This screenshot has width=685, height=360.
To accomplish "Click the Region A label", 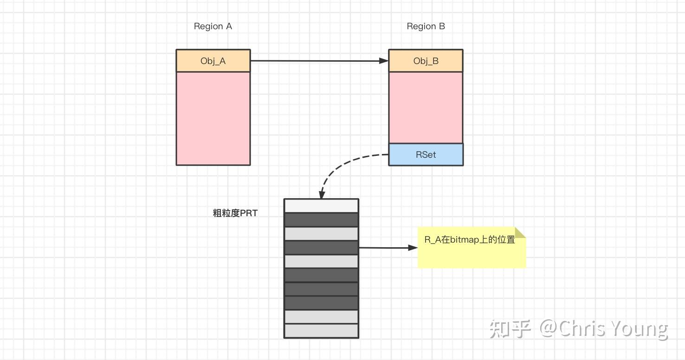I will click(x=213, y=26).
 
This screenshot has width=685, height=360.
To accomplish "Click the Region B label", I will click(x=426, y=26).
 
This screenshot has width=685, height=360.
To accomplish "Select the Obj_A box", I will click(x=213, y=61).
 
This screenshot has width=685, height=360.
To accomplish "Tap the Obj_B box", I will click(x=426, y=61).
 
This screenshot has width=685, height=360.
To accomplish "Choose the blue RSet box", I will click(x=426, y=154).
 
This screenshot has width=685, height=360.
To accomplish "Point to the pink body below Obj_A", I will click(x=213, y=118).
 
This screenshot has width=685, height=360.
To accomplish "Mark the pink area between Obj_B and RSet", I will click(x=426, y=108).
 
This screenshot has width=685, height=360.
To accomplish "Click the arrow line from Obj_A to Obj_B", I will click(x=316, y=60).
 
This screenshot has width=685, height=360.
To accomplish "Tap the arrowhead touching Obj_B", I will click(x=384, y=61).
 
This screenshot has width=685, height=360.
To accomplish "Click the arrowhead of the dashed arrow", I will click(x=321, y=195).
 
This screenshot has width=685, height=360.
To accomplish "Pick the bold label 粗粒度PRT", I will click(x=235, y=213).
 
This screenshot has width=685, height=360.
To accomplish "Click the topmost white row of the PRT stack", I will click(x=321, y=206).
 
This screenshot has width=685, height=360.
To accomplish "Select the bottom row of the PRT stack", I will click(x=321, y=331).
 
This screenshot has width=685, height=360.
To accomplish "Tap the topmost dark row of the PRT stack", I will click(x=321, y=220).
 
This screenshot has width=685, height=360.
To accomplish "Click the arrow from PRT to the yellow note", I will click(x=385, y=248).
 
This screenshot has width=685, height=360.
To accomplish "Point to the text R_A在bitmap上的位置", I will click(x=469, y=240).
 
